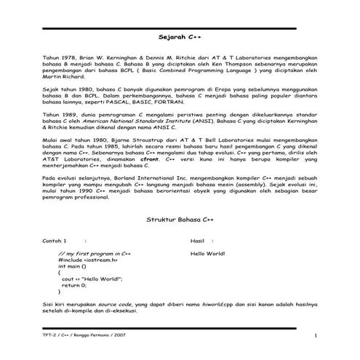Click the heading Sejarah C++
(x=180, y=36)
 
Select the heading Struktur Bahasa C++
(x=180, y=218)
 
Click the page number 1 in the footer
(x=316, y=335)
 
